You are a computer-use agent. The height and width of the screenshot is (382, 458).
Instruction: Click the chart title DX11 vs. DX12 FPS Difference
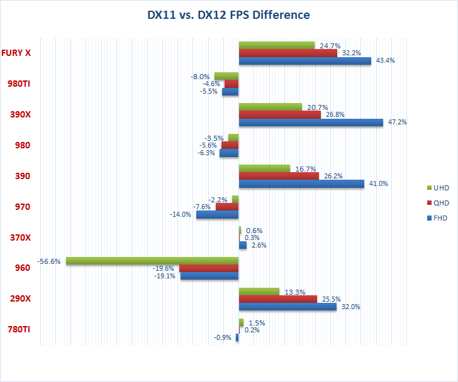pyautogui.click(x=228, y=14)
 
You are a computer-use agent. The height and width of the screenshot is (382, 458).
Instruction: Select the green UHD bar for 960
pyautogui.click(x=152, y=261)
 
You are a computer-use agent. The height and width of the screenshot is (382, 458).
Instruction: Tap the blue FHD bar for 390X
pyautogui.click(x=311, y=123)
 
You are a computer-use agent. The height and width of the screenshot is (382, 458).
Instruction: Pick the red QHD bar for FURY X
pyautogui.click(x=288, y=53)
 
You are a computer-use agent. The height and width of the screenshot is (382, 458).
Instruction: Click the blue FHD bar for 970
pyautogui.click(x=217, y=215)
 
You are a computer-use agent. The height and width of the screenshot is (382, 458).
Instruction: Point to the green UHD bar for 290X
pyautogui.click(x=259, y=292)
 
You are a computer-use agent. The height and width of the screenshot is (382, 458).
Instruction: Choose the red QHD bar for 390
pyautogui.click(x=279, y=176)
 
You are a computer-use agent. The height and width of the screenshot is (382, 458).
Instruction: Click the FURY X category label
pyautogui.click(x=16, y=53)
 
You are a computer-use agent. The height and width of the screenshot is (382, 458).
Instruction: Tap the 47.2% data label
pyautogui.click(x=397, y=123)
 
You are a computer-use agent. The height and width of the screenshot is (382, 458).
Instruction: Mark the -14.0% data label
pyautogui.click(x=181, y=215)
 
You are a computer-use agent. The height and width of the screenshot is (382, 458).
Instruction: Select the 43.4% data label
pyautogui.click(x=385, y=61)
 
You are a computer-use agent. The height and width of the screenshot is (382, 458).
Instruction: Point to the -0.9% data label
pyautogui.click(x=223, y=337)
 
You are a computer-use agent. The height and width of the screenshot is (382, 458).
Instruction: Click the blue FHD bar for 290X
pyautogui.click(x=288, y=307)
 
